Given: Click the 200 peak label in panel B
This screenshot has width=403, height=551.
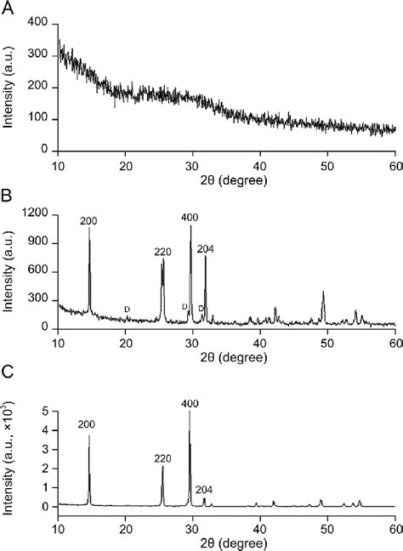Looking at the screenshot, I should tap(88, 222).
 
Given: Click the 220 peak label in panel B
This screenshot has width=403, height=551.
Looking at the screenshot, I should tap(163, 252).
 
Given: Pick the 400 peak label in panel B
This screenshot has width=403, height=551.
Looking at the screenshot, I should tap(190, 218).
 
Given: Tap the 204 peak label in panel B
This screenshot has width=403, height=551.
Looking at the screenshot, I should tap(207, 249).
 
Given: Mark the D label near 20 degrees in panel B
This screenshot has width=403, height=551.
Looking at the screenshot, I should tap(128, 309).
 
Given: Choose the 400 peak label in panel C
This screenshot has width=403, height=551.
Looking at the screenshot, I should tap(190, 405).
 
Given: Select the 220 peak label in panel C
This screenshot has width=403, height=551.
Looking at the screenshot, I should tap(162, 456).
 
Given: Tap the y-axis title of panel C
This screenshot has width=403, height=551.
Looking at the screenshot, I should tap(11, 458).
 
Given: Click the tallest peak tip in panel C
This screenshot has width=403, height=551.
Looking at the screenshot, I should tap(190, 412).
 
